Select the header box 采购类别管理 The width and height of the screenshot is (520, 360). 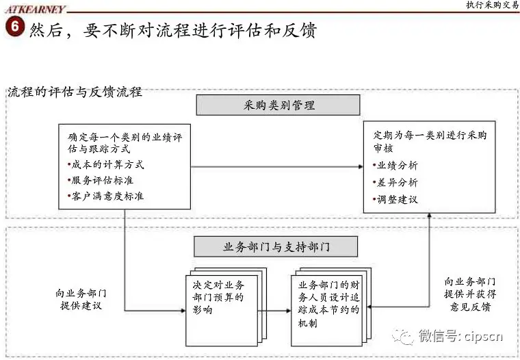click(278, 105)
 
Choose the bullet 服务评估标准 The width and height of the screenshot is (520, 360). click(105, 180)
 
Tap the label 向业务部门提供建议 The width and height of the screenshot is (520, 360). click(81, 299)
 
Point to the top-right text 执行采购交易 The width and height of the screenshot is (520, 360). click(491, 5)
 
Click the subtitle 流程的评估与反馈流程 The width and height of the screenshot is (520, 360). click(75, 92)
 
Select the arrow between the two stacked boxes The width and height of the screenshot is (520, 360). click(274, 311)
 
